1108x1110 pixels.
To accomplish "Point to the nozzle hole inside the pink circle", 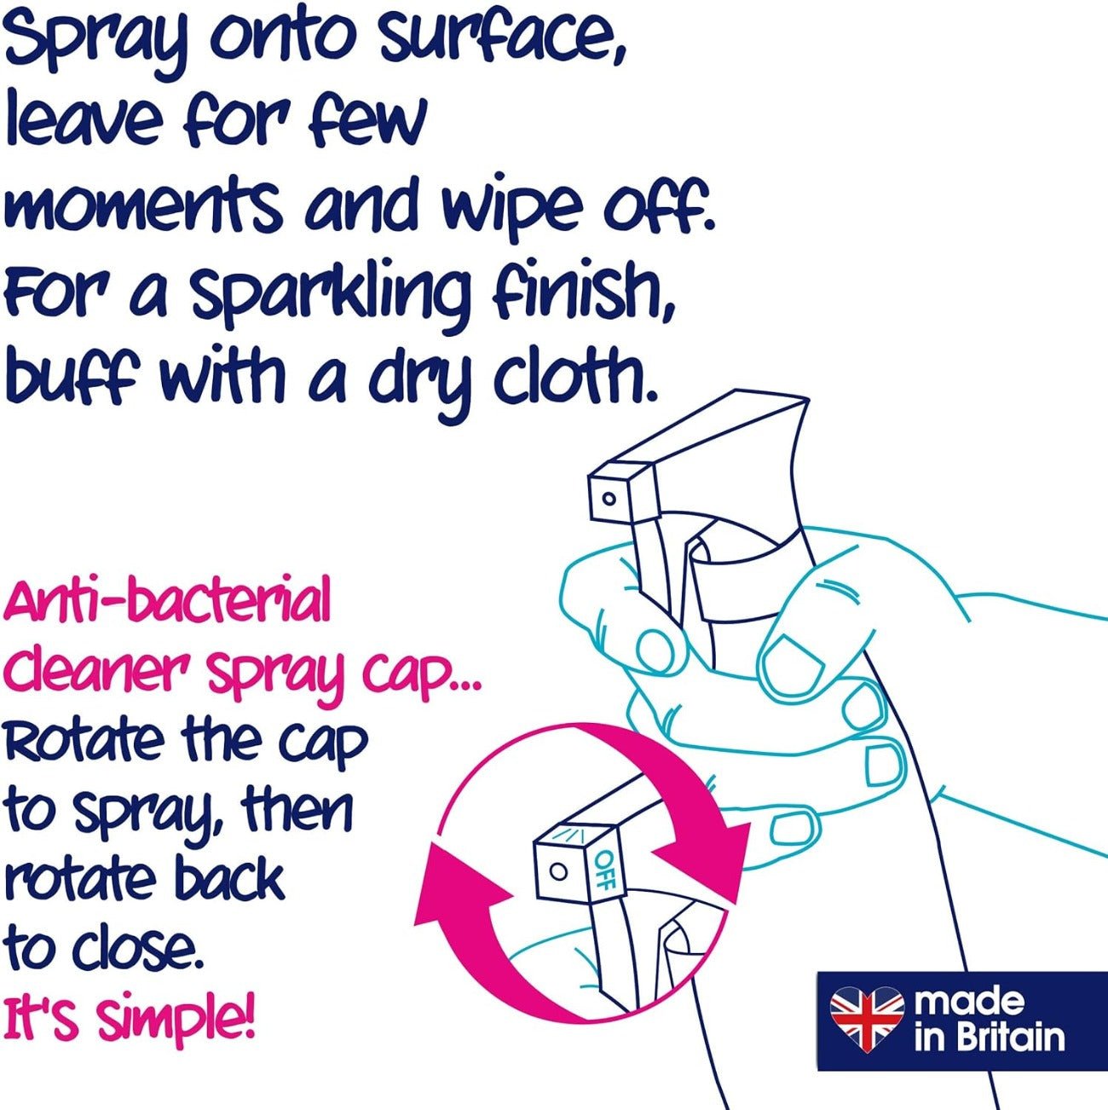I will click(558, 871).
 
